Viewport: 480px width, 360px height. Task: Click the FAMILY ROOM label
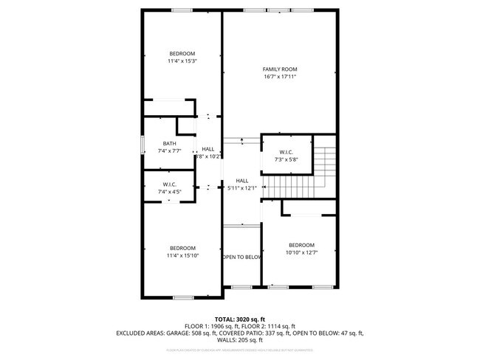pyautogui.click(x=279, y=69)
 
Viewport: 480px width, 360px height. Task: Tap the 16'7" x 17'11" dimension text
pyautogui.click(x=279, y=76)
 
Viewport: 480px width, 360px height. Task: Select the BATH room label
pyautogui.click(x=169, y=143)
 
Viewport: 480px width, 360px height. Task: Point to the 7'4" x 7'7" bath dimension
pyautogui.click(x=169, y=150)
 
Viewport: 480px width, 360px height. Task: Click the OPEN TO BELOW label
pyautogui.click(x=242, y=257)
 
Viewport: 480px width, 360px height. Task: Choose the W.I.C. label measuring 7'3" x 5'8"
pyautogui.click(x=286, y=152)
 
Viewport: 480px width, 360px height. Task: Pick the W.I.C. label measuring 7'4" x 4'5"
pyautogui.click(x=169, y=184)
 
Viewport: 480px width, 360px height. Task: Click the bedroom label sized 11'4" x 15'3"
pyautogui.click(x=182, y=53)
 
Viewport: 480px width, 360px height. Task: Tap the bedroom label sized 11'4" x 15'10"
pyautogui.click(x=182, y=248)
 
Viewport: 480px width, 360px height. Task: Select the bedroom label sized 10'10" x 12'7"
pyautogui.click(x=301, y=245)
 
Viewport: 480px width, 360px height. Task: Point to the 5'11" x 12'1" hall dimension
pyautogui.click(x=242, y=188)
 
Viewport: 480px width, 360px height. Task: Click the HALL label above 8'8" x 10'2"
pyautogui.click(x=208, y=149)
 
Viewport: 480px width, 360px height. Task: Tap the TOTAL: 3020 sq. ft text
pyautogui.click(x=239, y=319)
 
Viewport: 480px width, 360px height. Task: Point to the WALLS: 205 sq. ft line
pyautogui.click(x=239, y=340)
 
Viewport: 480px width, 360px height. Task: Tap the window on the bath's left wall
pyautogui.click(x=142, y=145)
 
